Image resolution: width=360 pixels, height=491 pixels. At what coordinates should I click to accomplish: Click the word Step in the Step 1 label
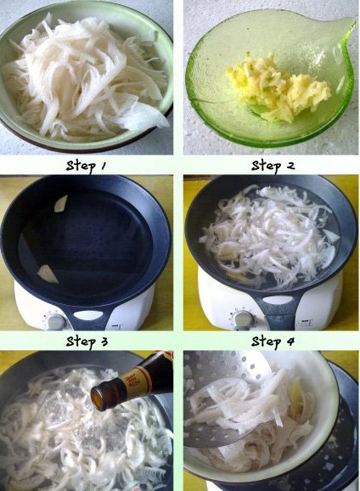[81, 166]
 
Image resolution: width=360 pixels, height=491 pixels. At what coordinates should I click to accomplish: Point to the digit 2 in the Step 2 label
[290, 166]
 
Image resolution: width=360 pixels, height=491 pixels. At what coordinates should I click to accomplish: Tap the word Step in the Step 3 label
[81, 341]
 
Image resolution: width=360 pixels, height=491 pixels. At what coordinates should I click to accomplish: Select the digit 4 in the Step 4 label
[290, 341]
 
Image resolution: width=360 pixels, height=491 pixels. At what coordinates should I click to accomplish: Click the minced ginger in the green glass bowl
[278, 86]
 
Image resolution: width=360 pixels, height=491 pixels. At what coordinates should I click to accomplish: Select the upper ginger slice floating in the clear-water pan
[61, 203]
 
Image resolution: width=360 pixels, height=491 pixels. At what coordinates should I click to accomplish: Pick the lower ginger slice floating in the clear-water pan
[48, 274]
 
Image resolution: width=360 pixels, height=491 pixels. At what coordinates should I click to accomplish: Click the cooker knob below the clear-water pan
[56, 321]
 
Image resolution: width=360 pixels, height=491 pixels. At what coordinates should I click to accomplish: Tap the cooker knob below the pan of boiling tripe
[243, 319]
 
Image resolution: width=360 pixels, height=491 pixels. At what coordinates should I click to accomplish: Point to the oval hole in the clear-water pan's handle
[88, 315]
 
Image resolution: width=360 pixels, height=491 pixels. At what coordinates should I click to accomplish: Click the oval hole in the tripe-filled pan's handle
[278, 300]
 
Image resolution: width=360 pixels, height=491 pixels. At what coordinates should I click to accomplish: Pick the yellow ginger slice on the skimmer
[296, 398]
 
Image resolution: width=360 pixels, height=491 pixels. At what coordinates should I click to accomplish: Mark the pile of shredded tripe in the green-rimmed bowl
[86, 76]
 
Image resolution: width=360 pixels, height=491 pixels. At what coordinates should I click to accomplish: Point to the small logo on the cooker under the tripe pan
[307, 323]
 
